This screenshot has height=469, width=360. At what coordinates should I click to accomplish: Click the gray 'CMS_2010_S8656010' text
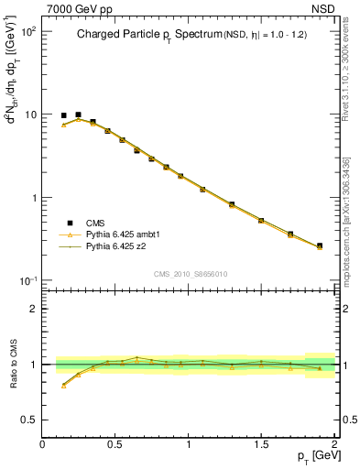[190, 273]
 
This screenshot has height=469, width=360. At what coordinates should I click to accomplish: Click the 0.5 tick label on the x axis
[115, 444]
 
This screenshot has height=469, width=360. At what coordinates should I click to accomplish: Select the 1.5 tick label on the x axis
[262, 444]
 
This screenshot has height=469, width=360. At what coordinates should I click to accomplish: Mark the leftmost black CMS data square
[63, 116]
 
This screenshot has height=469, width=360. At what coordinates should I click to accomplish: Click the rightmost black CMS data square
[320, 245]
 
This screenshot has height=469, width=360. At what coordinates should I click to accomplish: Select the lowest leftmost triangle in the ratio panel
[63, 386]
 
